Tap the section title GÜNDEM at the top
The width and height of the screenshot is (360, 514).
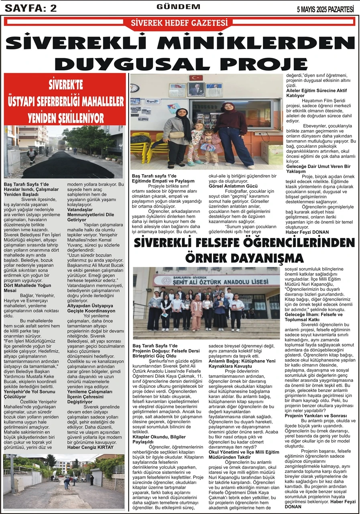(178, 7)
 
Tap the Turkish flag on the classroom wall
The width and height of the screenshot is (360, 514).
(196, 78)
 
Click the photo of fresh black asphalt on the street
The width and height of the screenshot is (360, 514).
(64, 152)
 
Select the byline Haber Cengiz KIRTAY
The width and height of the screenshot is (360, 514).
(90, 447)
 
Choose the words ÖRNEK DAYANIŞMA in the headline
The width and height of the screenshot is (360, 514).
(244, 257)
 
